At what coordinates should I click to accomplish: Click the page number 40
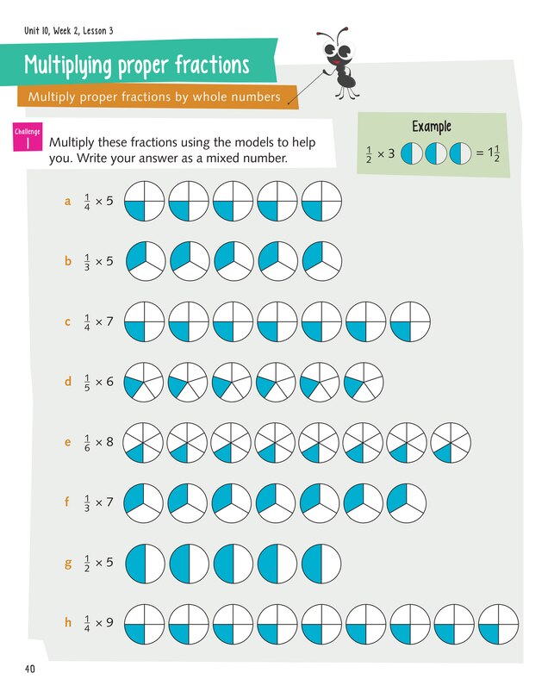click(30, 669)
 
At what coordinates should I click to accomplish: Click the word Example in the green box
click(432, 127)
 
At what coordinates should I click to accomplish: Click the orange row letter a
click(67, 202)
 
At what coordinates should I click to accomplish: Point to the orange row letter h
click(67, 620)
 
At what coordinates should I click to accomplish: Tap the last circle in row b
click(321, 260)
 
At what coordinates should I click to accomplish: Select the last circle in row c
click(410, 321)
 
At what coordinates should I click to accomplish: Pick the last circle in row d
click(364, 381)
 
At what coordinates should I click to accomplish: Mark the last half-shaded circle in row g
click(321, 563)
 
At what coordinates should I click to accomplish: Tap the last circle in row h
click(498, 622)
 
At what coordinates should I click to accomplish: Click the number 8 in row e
click(109, 443)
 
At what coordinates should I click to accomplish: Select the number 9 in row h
click(109, 622)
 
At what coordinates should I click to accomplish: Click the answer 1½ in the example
click(495, 153)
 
